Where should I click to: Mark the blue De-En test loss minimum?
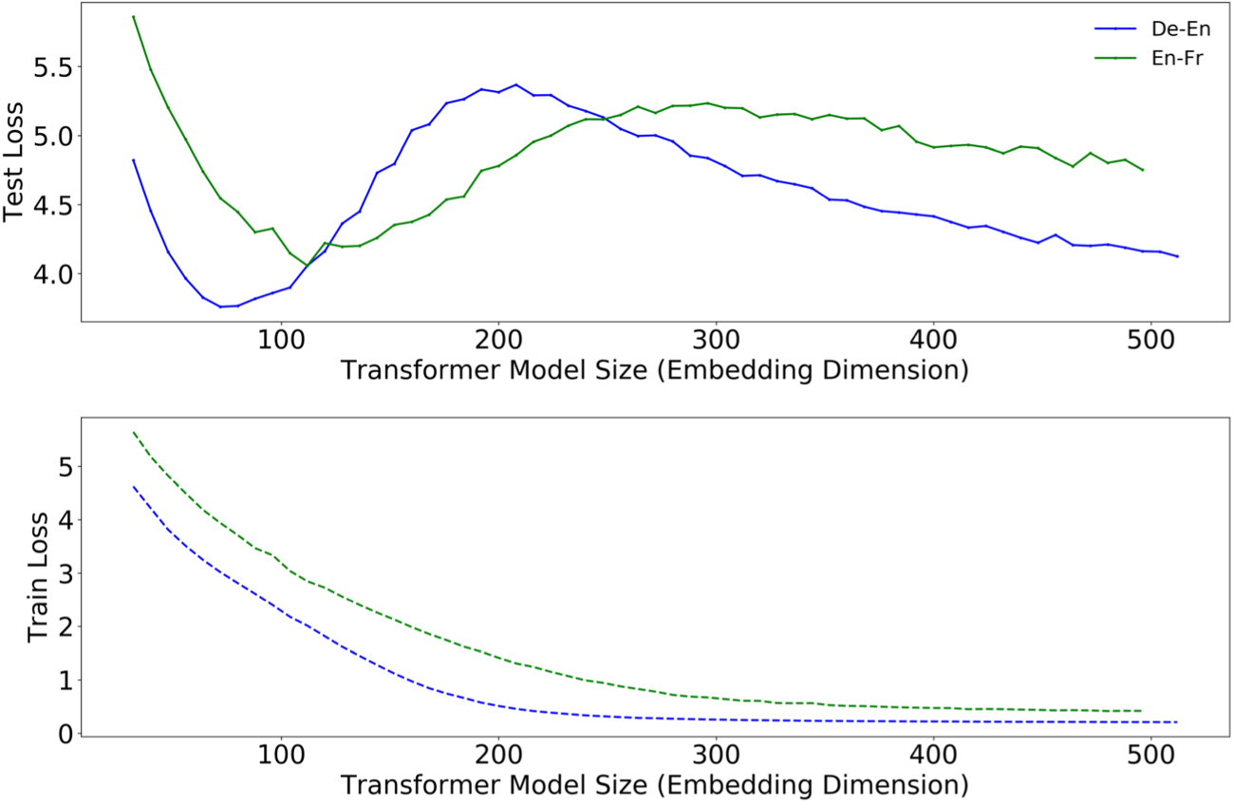point(220,307)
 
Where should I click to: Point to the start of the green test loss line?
point(134,16)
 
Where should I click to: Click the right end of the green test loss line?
point(1143,171)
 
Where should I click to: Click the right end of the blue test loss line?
point(1178,256)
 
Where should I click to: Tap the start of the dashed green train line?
point(134,433)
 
